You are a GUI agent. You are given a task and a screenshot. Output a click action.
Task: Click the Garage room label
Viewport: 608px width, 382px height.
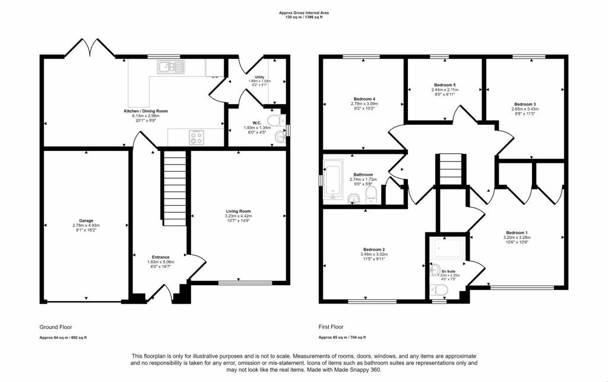pyautogui.click(x=87, y=220)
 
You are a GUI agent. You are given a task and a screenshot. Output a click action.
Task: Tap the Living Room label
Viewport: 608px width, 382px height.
pyautogui.click(x=238, y=211)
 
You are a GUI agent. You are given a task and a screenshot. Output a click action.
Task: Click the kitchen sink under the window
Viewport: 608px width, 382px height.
pyautogui.click(x=170, y=67)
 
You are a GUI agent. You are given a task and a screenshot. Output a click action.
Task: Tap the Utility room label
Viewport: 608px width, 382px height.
pyautogui.click(x=259, y=77)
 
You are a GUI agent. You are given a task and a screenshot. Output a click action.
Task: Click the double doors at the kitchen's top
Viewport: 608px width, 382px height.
pyautogui.click(x=88, y=47)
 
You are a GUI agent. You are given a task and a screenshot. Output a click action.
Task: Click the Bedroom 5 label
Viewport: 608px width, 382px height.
pyautogui.click(x=444, y=85)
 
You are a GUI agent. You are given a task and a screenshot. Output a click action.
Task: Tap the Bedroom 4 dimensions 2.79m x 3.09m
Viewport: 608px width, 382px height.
pyautogui.click(x=365, y=104)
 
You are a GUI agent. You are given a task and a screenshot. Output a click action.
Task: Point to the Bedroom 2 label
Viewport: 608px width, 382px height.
pyautogui.click(x=375, y=249)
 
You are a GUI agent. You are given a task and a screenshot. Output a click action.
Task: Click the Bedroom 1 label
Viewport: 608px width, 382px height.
pyautogui.click(x=516, y=232)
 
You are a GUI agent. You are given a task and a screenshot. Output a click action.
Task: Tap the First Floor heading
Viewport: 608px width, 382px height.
pyautogui.click(x=331, y=327)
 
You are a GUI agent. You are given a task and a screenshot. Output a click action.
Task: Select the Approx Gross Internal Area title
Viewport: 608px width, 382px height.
pyautogui.click(x=303, y=12)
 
